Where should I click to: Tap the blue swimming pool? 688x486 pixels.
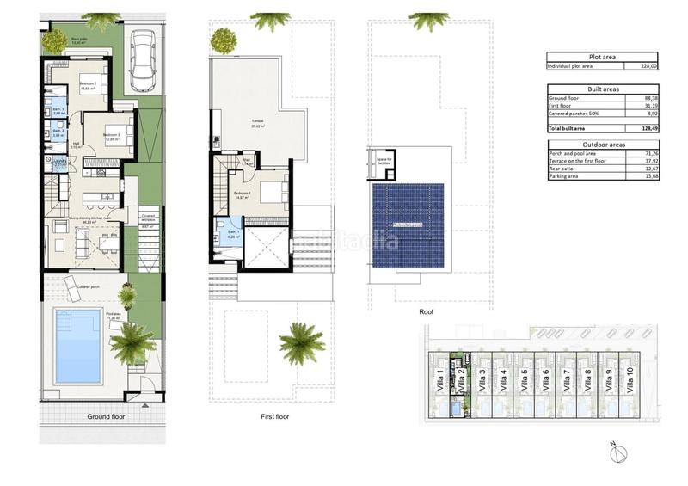click(79, 346)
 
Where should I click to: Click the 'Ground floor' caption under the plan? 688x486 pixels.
click(107, 416)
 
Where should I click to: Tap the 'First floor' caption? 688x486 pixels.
click(274, 416)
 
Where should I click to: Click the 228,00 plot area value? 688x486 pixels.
click(649, 65)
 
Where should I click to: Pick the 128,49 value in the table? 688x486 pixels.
click(648, 127)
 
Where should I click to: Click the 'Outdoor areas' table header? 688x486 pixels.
click(604, 145)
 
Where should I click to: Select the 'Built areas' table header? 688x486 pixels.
click(604, 89)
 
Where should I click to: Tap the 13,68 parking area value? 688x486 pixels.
click(649, 178)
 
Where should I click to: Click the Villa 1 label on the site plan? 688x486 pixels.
click(440, 378)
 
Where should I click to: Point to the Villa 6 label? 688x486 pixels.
click(545, 378)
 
